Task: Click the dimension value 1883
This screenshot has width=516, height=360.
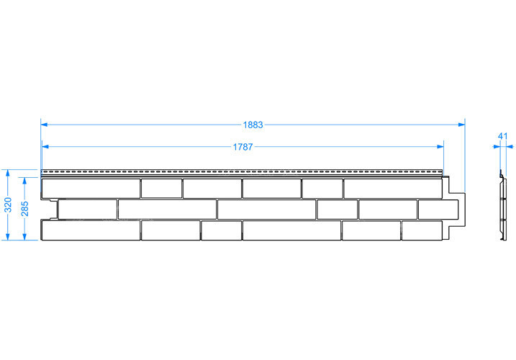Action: coord(253,125)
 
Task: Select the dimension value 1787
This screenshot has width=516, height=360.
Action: coord(243,147)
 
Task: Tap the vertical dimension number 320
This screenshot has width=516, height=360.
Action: coord(8,205)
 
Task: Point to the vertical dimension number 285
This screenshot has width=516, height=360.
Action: coord(24,209)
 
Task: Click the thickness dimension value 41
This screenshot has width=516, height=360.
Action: coord(503,136)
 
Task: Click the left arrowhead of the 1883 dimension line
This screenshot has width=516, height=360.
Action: coord(44,125)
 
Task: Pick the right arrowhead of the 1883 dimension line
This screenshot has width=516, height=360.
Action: coord(461,125)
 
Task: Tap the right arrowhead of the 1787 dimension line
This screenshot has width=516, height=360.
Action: coord(440,147)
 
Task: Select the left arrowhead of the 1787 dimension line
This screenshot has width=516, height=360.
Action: coord(45,147)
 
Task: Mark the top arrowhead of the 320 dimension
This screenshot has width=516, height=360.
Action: coord(8,174)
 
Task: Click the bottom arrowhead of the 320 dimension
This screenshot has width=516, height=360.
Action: coord(8,236)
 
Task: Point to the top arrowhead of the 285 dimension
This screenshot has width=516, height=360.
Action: coord(24,181)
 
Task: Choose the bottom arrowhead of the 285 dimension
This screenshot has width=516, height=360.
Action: coord(24,236)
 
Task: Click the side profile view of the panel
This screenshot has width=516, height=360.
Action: coord(502,205)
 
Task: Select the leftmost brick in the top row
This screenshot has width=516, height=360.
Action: coord(91,189)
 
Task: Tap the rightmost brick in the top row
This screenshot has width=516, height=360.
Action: coord(393,189)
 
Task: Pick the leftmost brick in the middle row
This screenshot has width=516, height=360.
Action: coord(88,209)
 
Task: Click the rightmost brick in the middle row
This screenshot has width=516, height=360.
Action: coord(438,209)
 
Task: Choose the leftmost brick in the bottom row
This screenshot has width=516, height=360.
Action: coord(91,230)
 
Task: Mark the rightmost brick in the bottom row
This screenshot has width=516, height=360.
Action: coord(422,230)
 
